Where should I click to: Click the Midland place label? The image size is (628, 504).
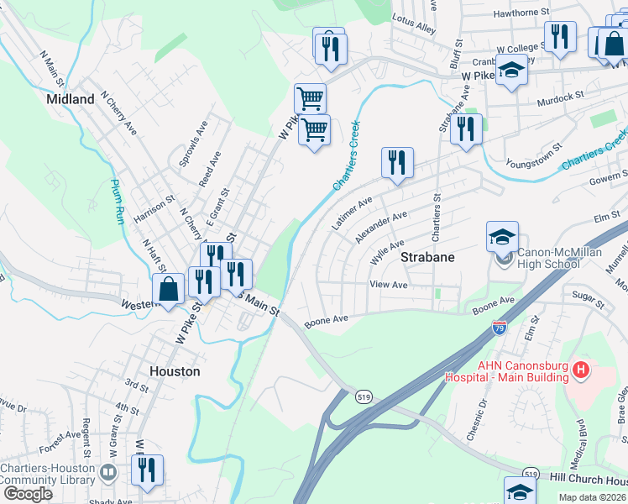tap(71, 99)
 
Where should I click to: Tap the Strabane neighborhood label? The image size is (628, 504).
tap(427, 257)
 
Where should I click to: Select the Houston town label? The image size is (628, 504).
tap(174, 370)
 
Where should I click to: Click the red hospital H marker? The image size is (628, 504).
tap(579, 370)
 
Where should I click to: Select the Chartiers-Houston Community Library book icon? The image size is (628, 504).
tap(107, 473)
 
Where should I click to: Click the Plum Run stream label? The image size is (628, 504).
tap(117, 202)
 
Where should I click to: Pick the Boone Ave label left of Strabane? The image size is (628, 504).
tap(327, 320)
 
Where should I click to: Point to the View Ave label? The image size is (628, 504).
tap(389, 286)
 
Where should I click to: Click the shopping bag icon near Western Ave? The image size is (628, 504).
tap(169, 289)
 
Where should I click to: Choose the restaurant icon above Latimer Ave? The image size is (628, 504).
tap(397, 162)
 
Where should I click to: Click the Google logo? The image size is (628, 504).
tap(27, 493)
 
